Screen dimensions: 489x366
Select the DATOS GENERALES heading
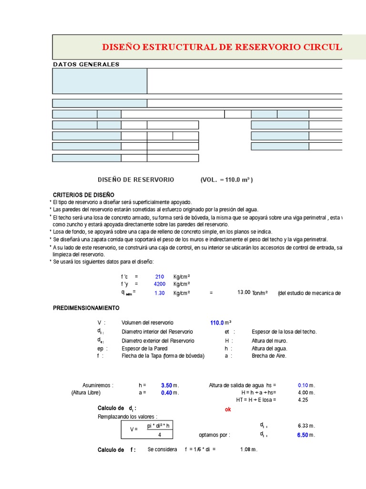pos(86,64)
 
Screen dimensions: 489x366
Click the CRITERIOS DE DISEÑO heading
pos(83,195)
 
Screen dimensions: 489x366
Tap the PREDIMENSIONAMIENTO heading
pos(86,308)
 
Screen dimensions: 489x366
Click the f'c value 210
pos(160,276)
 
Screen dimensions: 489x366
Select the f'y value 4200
pos(159,284)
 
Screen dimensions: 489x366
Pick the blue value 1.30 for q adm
pos(159,293)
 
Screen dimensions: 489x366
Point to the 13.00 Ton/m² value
pos(244,293)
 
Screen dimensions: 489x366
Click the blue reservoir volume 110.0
pos(217,323)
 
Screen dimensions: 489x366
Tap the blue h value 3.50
pos(166,385)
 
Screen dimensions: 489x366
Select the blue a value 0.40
pos(166,393)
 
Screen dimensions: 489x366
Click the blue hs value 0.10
pos(303,385)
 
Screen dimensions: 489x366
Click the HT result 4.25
pos(303,400)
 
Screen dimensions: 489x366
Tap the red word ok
pos(227,409)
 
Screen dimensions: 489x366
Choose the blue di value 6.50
pos(303,435)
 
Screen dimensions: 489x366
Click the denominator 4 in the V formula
pos(159,435)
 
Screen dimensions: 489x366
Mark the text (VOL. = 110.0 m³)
pos(226,180)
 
